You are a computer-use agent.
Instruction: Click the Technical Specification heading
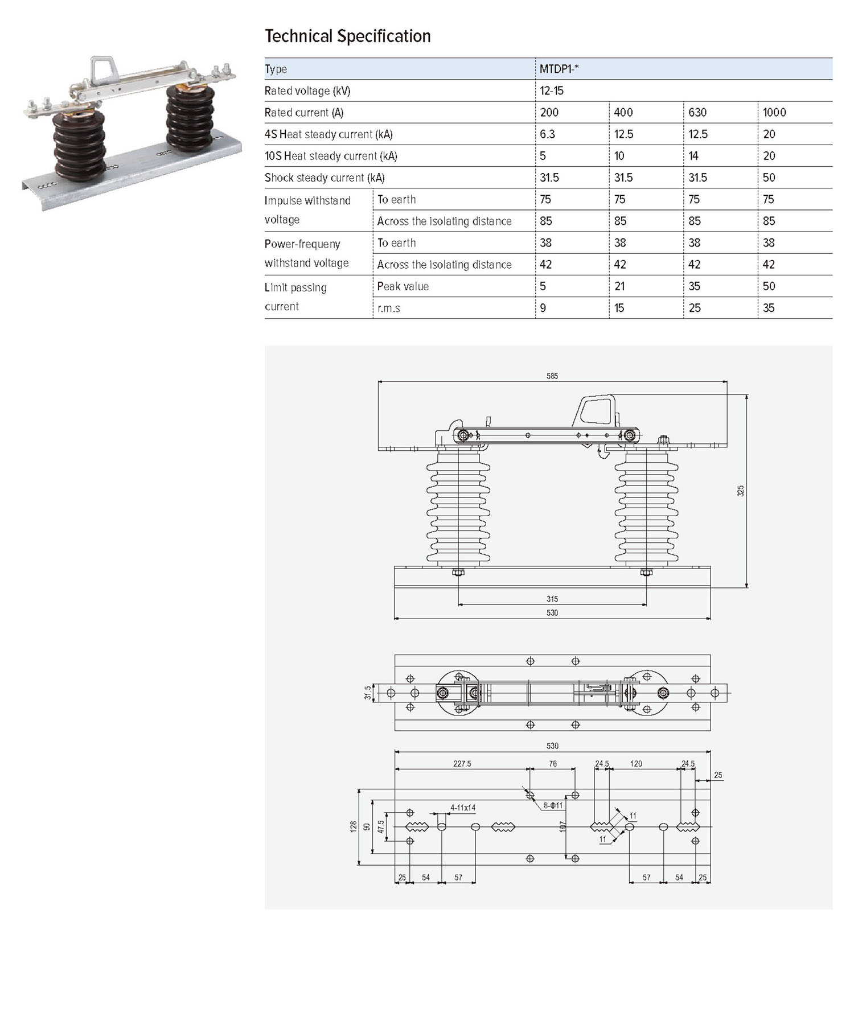click(x=348, y=36)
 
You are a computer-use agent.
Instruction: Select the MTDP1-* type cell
click(x=559, y=69)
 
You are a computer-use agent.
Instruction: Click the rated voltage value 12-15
click(x=552, y=90)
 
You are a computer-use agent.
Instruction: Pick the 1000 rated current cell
click(x=774, y=112)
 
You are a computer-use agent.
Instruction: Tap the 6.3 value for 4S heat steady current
click(x=548, y=134)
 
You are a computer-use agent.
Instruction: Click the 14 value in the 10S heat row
click(x=693, y=155)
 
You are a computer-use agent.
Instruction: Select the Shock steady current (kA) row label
click(x=325, y=178)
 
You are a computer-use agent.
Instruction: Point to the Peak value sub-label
click(x=403, y=286)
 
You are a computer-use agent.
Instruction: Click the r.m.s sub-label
click(x=388, y=308)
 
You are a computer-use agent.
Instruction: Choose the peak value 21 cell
click(x=619, y=286)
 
